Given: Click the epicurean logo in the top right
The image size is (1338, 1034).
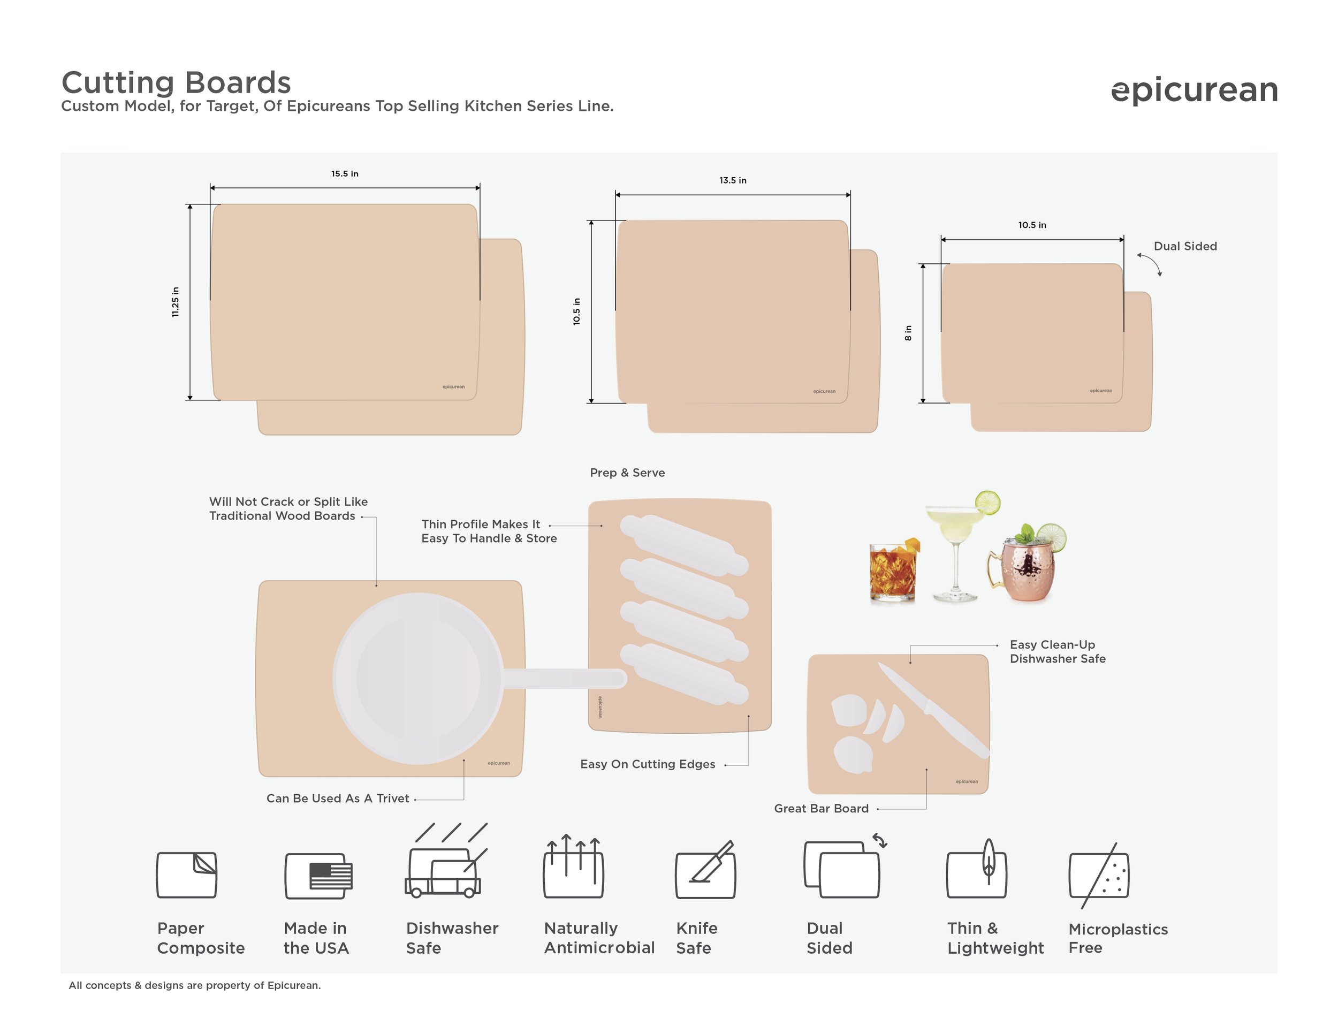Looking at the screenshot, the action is click(x=1194, y=90).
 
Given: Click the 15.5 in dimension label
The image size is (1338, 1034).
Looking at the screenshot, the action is click(x=345, y=173).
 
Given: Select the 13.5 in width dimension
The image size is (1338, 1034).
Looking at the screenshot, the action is click(x=733, y=180).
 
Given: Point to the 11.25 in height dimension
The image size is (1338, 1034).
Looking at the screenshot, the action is click(x=175, y=302).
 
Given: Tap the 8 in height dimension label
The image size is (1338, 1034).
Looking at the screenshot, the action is click(x=908, y=333).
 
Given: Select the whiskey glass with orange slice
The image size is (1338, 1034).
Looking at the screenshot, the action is click(x=894, y=569).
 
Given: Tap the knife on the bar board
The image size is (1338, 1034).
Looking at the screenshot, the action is click(x=933, y=710).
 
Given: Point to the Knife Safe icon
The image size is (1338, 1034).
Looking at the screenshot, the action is click(x=705, y=870).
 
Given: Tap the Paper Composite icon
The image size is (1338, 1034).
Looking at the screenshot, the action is click(x=186, y=875).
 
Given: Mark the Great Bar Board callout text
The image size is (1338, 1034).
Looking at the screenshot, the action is click(x=821, y=808).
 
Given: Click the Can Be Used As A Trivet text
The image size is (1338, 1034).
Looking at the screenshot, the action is click(x=338, y=798).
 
